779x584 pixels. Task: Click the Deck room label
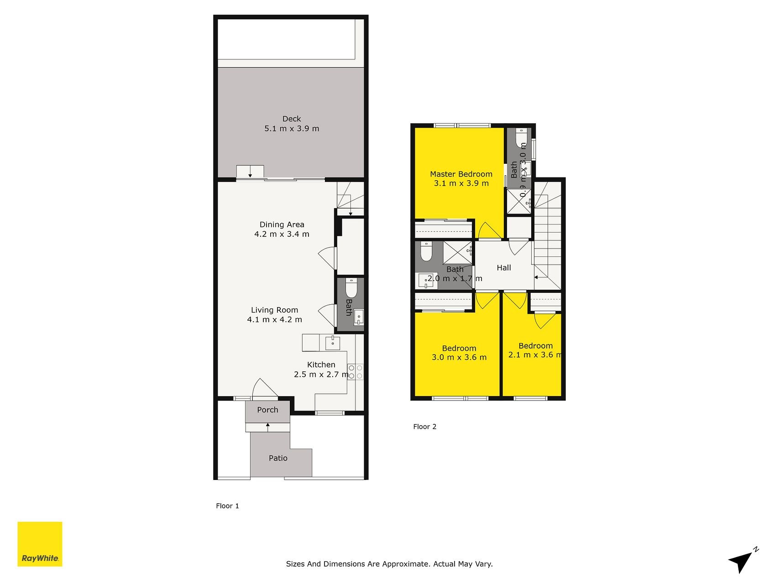point(292,119)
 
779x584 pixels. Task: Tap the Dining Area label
point(282,224)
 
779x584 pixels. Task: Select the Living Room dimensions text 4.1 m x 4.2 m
point(274,320)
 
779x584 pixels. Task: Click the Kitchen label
point(321,365)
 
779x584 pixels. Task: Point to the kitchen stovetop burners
point(355,372)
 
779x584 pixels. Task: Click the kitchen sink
point(333,343)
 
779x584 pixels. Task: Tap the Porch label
point(267,410)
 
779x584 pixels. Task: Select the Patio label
point(278,458)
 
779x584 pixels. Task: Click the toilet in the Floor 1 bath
point(351,288)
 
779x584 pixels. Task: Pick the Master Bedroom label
point(461,174)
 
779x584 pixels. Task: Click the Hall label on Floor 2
point(504,268)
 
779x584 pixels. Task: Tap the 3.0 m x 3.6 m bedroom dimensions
point(459,357)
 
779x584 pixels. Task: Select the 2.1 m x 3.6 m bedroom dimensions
point(535,355)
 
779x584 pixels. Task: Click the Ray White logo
point(40,544)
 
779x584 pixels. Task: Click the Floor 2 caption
point(425,427)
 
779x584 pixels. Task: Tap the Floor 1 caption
point(227,506)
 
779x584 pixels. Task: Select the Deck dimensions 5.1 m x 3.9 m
point(292,129)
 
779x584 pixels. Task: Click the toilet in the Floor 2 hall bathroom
point(426,251)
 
